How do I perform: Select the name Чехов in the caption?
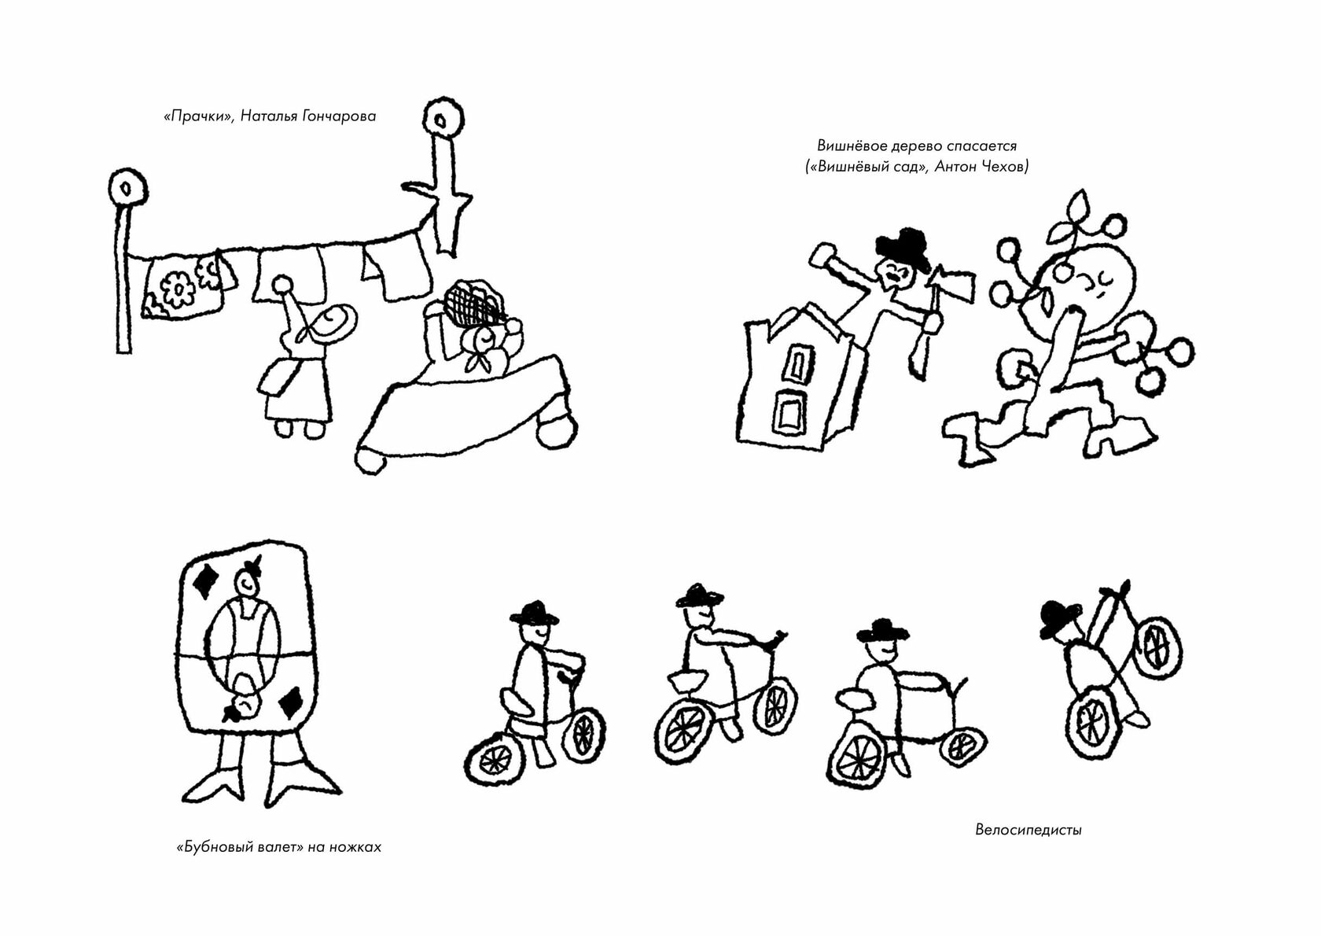(1006, 167)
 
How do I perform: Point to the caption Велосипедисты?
(1028, 830)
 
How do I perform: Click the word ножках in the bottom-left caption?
(355, 847)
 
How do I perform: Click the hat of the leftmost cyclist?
(534, 614)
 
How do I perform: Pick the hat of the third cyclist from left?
(882, 632)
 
